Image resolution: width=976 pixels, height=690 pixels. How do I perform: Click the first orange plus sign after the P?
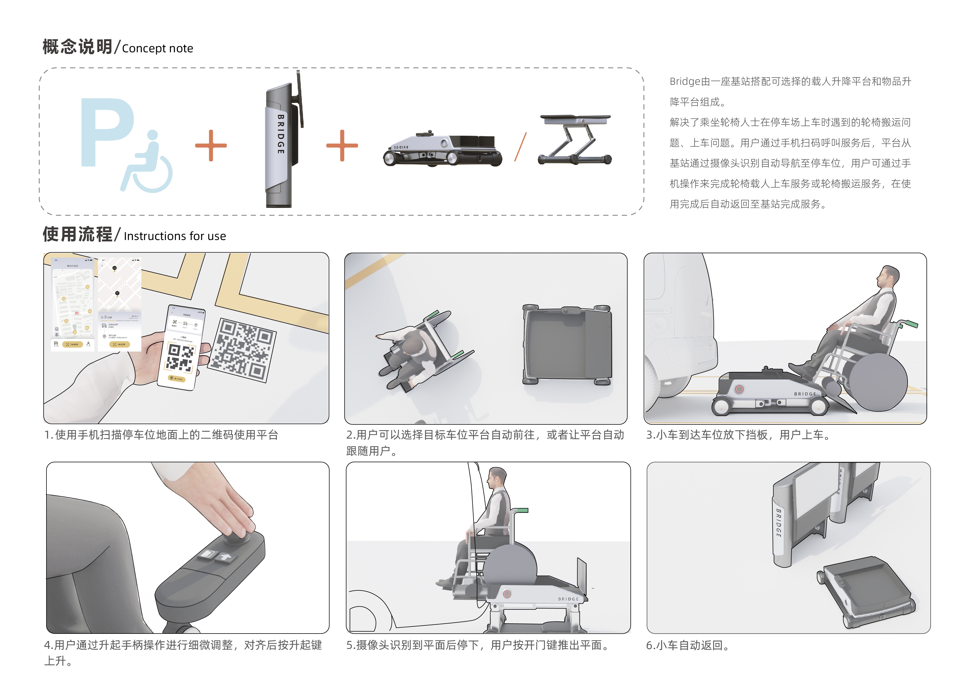pyautogui.click(x=211, y=145)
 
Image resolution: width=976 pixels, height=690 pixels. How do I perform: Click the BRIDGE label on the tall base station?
pyautogui.click(x=280, y=134)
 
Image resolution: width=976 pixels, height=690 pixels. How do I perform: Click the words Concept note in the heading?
pyautogui.click(x=157, y=48)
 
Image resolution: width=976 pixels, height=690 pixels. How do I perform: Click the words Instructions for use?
pyautogui.click(x=175, y=236)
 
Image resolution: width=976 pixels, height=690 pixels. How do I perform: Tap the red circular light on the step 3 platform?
pyautogui.click(x=740, y=389)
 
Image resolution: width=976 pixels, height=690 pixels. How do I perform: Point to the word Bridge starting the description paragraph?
pyautogui.click(x=684, y=81)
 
